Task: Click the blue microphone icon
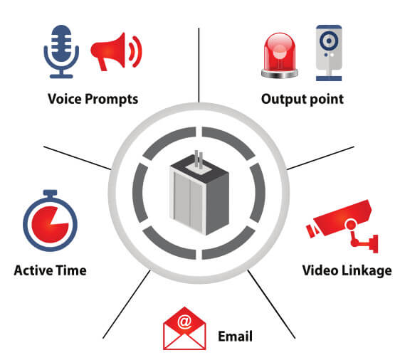coord(61,51)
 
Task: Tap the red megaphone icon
coord(116,52)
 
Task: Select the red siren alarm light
coord(280,55)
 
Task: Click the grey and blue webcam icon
coord(329,53)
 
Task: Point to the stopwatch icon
coord(51,221)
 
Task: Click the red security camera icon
coord(342,226)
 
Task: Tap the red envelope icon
coord(184,328)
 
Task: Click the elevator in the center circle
coord(199,193)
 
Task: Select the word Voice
coord(65,99)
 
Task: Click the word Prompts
coord(111,100)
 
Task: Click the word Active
coord(33,270)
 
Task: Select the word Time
coord(71,270)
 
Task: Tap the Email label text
coord(236,337)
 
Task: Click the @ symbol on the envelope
coord(184,322)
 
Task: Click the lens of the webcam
coord(329,41)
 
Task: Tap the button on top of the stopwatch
coord(50,194)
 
